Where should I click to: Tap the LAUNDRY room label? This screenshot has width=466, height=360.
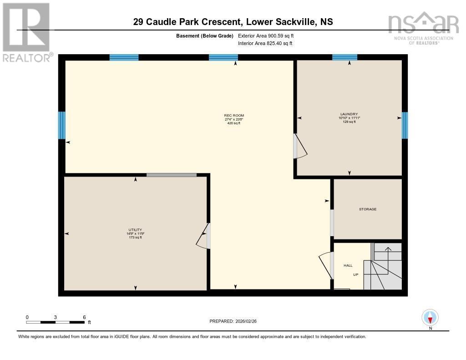tap(349, 114)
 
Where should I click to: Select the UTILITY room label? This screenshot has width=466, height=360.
tap(135, 229)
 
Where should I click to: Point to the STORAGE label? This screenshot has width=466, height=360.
tap(368, 209)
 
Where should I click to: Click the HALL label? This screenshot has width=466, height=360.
tap(348, 265)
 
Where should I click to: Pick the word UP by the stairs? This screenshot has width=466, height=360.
tap(356, 275)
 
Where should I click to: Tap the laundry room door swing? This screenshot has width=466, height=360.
tap(300, 147)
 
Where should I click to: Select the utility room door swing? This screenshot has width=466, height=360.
tap(203, 235)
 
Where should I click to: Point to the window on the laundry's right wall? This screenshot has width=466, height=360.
tap(405, 125)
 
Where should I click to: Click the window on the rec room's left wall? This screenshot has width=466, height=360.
tap(62, 125)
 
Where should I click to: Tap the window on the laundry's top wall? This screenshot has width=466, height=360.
tap(344, 57)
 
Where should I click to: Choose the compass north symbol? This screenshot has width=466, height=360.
tap(430, 317)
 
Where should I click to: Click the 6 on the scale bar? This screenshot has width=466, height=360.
tap(84, 317)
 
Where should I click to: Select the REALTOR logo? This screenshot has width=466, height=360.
tap(26, 32)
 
